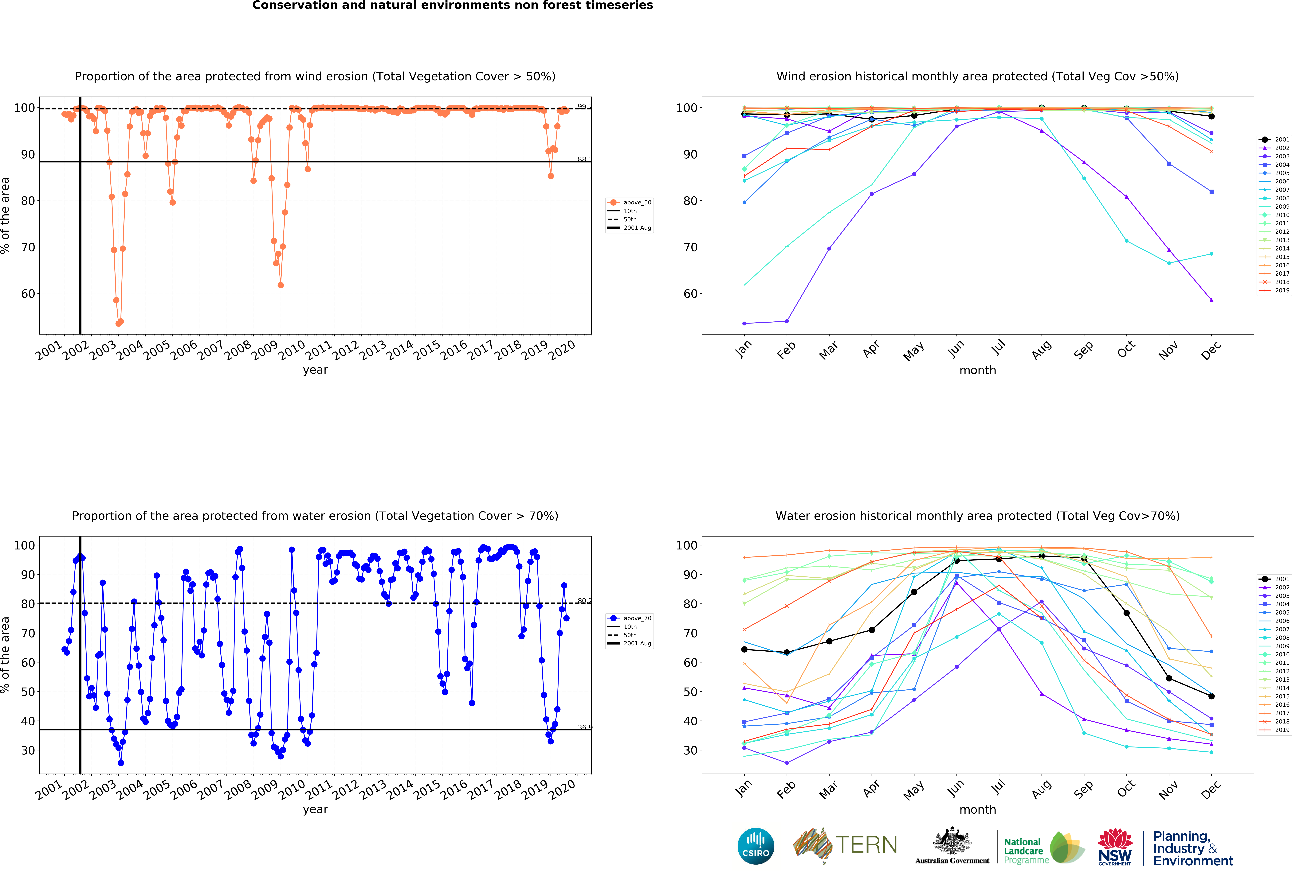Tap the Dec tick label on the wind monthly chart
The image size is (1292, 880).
click(1211, 350)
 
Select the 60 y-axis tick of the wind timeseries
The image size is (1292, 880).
click(28, 294)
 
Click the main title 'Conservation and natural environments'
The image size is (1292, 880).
click(453, 6)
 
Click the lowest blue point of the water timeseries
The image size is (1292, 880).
click(121, 763)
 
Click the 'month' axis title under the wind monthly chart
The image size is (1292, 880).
click(977, 370)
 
